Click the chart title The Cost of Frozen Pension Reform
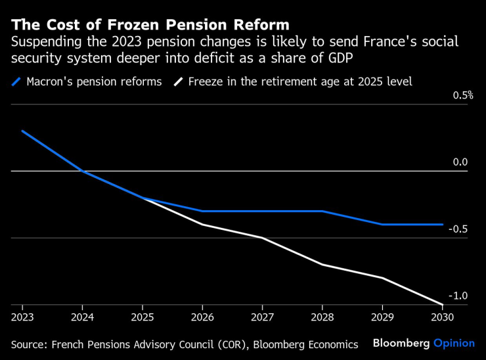point(150,25)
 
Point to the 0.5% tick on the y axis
point(463,95)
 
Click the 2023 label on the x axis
point(22,317)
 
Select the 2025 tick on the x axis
point(142,317)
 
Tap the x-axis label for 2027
point(262,317)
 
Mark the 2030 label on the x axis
point(441,317)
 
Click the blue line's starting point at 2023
point(22,131)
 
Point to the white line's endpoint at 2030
point(442,304)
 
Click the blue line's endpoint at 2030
point(442,224)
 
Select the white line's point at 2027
point(262,238)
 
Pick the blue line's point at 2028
point(322,211)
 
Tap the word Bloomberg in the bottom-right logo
point(401,343)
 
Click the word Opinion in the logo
point(454,343)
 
